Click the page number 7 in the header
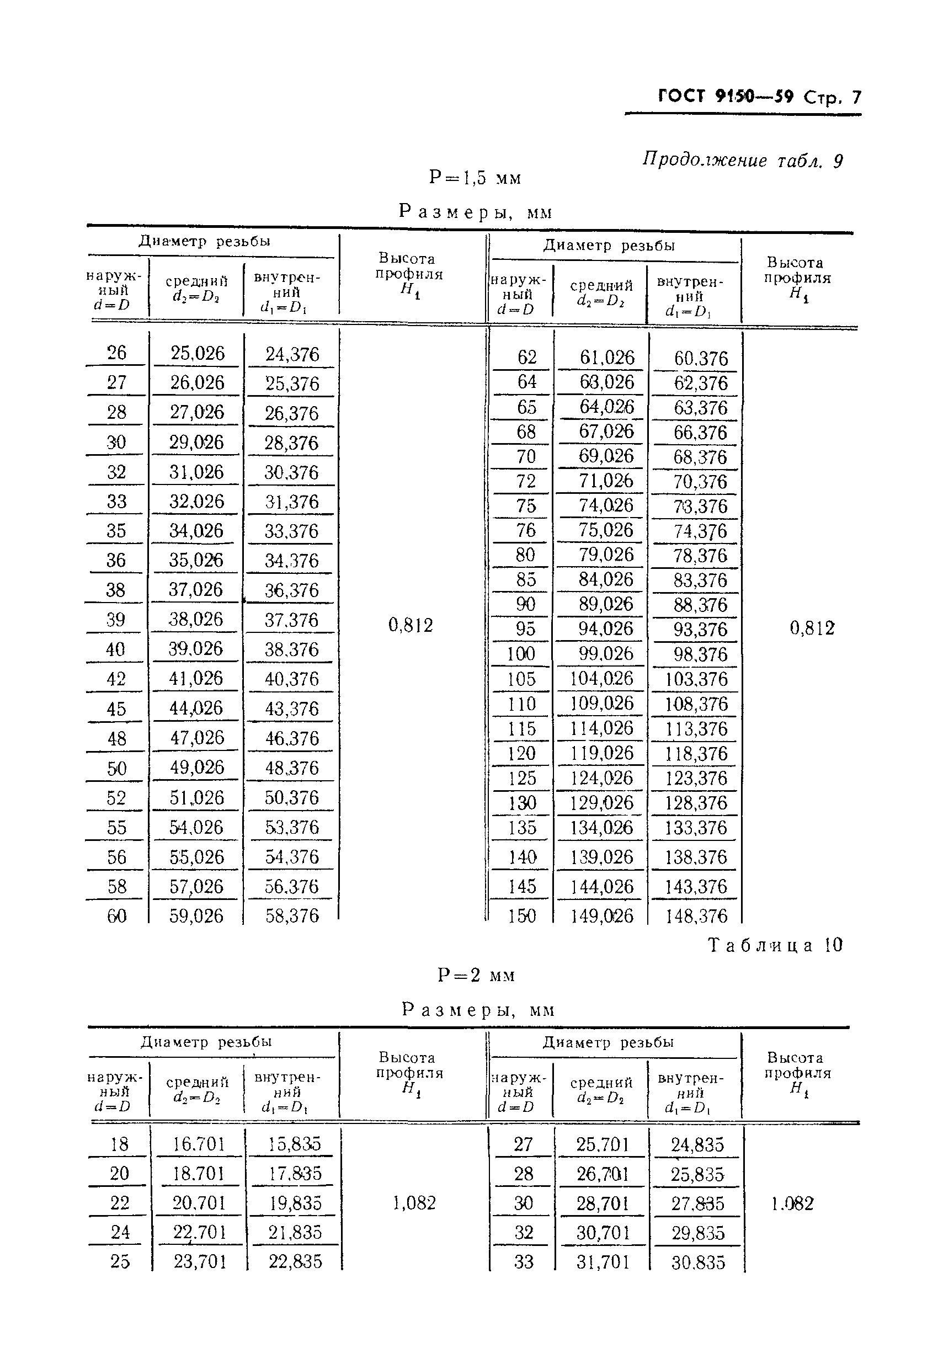(856, 97)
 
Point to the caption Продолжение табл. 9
(742, 160)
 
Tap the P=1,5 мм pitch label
(475, 177)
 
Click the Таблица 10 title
(775, 945)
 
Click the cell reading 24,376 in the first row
(292, 354)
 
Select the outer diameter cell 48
(116, 738)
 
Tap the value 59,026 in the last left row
(196, 915)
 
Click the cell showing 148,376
(696, 916)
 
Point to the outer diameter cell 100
(521, 653)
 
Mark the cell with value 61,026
(607, 358)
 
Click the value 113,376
(696, 729)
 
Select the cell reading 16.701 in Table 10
(199, 1144)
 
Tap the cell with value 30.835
(698, 1263)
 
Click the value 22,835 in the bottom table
(295, 1261)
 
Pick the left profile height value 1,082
(414, 1203)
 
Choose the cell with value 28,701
(603, 1203)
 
